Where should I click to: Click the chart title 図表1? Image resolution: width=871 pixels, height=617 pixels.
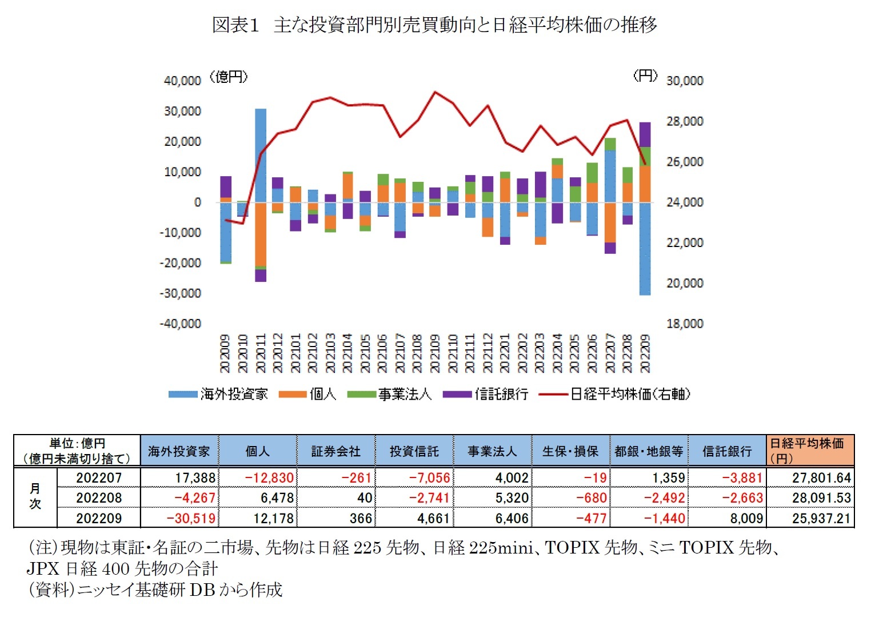click(x=235, y=25)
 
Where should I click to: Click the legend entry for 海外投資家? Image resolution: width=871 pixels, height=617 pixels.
click(x=233, y=394)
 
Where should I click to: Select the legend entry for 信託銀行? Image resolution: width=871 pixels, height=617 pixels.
click(x=501, y=394)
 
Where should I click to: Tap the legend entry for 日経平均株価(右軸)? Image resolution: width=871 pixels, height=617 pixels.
click(x=630, y=394)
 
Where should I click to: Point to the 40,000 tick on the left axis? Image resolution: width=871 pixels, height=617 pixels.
click(x=182, y=81)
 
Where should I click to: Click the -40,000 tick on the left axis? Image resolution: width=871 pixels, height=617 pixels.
click(x=181, y=324)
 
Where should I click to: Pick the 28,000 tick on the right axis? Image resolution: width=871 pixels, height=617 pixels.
click(x=685, y=121)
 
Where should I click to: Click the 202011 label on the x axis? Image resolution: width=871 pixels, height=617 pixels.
click(x=261, y=353)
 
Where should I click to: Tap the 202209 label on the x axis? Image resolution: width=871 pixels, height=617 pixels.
click(x=645, y=353)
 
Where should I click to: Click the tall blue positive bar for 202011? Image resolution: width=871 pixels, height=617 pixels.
click(x=261, y=154)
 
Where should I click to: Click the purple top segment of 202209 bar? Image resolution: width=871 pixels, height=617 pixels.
click(x=645, y=134)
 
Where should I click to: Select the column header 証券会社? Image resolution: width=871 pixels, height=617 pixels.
click(x=336, y=451)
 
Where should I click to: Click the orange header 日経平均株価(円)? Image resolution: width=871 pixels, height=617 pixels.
click(x=810, y=451)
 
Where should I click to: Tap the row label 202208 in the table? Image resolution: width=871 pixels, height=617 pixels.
click(x=99, y=498)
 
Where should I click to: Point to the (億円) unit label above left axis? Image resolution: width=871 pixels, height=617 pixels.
click(x=229, y=77)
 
